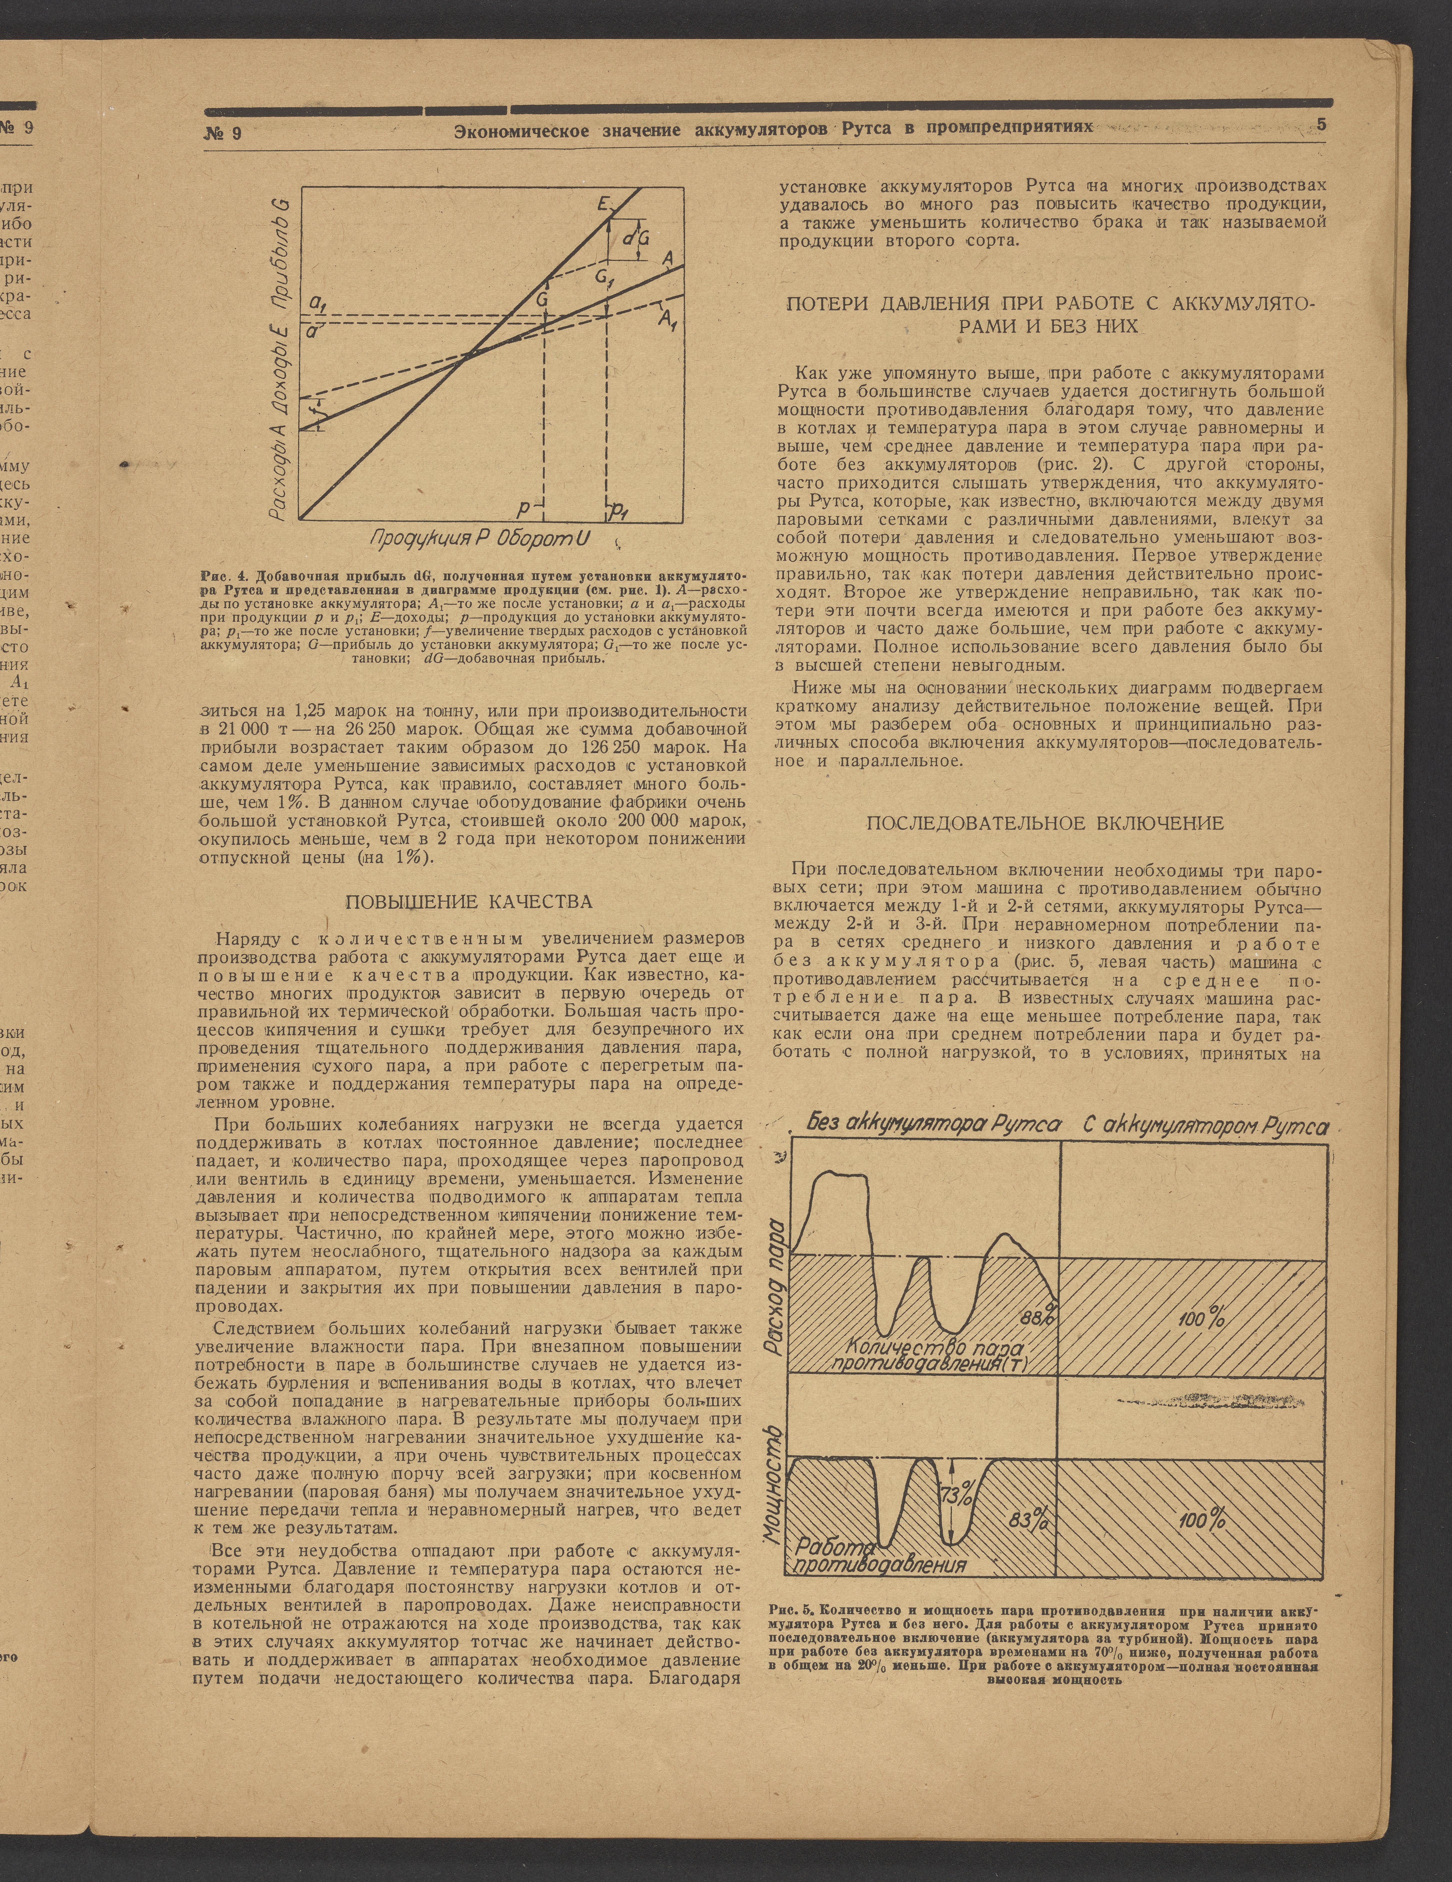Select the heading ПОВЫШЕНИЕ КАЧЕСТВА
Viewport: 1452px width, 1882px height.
coord(469,902)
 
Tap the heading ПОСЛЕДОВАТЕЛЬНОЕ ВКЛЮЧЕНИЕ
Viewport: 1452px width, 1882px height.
coord(1044,823)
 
